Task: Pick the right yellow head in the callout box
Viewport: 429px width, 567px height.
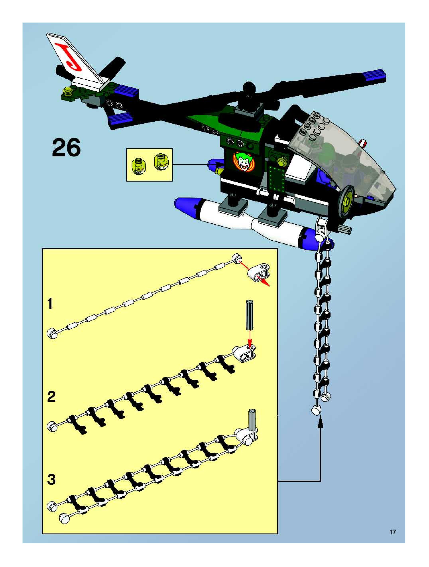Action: (160, 162)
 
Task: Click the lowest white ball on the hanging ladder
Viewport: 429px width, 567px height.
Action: (317, 410)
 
